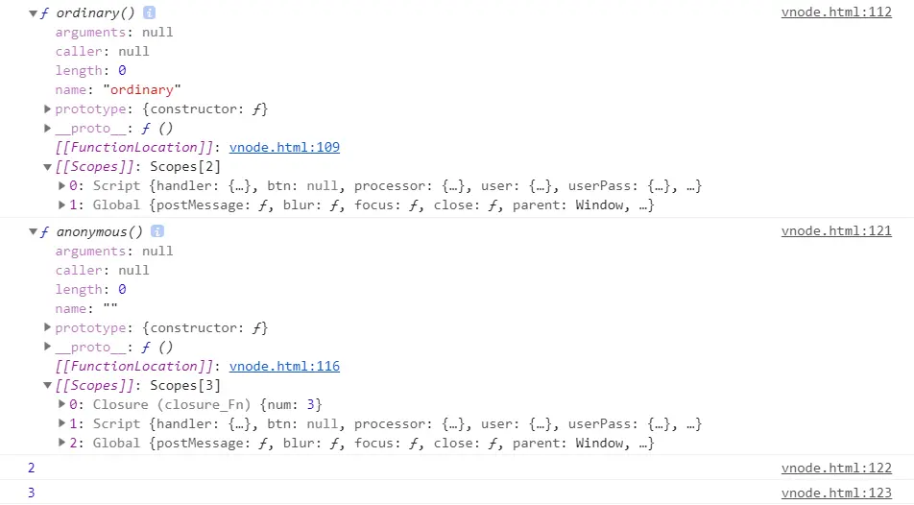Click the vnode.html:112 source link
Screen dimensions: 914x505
(x=836, y=12)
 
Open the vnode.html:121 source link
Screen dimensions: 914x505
(x=836, y=231)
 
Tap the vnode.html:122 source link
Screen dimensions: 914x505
(x=836, y=468)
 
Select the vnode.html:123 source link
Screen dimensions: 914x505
(x=836, y=493)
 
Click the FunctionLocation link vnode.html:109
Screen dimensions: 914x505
(x=284, y=148)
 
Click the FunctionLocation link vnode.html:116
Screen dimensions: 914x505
(x=284, y=367)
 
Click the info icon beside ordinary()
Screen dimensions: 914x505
(x=150, y=13)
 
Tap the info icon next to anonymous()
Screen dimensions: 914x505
(x=157, y=232)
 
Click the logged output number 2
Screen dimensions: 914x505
(x=31, y=468)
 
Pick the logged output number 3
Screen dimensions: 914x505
(x=31, y=493)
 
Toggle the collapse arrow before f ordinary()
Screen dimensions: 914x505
(x=34, y=13)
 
